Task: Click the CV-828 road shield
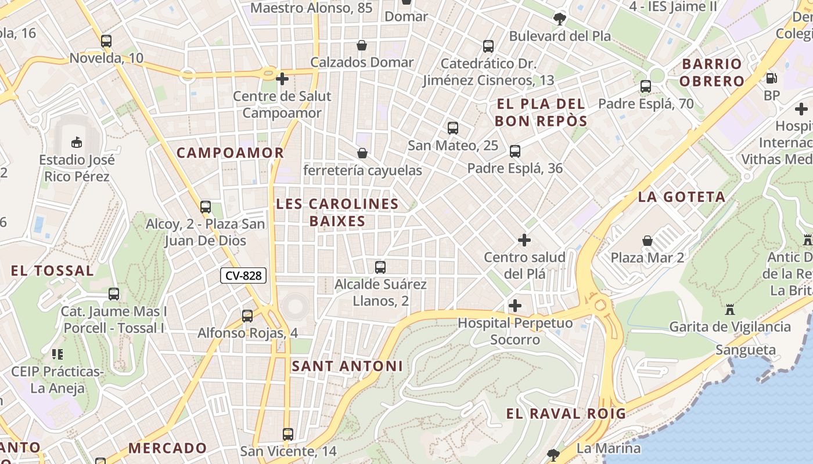tap(243, 276)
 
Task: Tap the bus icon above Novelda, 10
tap(106, 41)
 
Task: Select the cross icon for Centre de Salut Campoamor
tap(282, 78)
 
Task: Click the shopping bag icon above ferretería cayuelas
tap(362, 153)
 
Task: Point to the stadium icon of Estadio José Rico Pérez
tap(76, 142)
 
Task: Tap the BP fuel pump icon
tap(772, 78)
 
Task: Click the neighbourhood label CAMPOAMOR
tap(230, 153)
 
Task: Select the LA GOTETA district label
tap(682, 197)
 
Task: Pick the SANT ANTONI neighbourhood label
tap(347, 367)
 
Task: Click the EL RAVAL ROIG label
tap(566, 414)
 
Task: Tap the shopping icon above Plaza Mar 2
tap(647, 241)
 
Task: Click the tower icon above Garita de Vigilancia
tap(730, 310)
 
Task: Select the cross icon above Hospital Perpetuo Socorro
tap(515, 306)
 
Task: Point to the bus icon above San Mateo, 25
tap(453, 128)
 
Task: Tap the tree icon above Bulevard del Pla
tap(560, 19)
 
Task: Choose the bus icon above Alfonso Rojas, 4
tap(247, 316)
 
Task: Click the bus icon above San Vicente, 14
tap(288, 434)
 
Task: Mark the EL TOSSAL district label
tap(52, 271)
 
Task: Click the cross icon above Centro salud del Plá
tap(524, 240)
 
